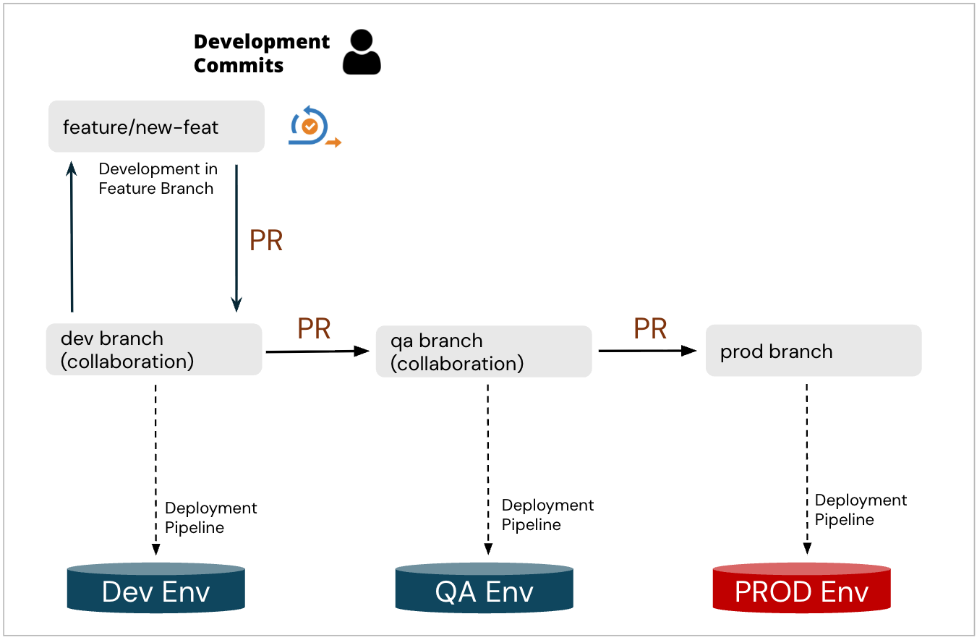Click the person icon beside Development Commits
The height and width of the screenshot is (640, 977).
tap(362, 53)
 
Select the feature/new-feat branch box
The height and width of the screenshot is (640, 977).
tap(156, 127)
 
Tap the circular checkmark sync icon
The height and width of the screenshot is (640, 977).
tap(311, 127)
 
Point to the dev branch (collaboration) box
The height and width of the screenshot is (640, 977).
tap(154, 349)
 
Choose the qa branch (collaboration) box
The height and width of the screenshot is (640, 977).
tap(484, 351)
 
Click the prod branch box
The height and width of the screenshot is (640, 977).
tap(814, 351)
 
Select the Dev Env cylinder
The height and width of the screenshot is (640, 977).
tap(156, 589)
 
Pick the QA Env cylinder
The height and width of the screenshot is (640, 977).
tap(485, 589)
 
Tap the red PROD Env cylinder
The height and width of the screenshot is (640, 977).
tap(801, 589)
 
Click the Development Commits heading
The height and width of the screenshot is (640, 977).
tap(261, 53)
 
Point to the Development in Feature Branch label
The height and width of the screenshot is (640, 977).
tap(156, 179)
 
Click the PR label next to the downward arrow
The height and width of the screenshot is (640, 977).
tap(265, 241)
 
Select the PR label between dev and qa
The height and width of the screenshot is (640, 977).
tap(314, 329)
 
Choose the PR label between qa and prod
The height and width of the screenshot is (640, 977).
tap(650, 329)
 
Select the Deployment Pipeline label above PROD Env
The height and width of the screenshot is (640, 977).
tap(861, 510)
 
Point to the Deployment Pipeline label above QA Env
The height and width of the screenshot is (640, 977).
tap(547, 515)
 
